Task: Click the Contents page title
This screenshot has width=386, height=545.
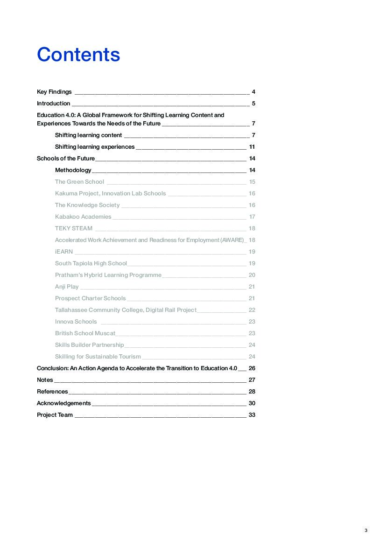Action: (78, 55)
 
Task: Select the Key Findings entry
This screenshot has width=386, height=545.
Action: (54, 92)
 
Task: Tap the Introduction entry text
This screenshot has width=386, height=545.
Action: (54, 103)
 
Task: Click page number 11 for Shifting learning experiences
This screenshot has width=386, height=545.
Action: (252, 147)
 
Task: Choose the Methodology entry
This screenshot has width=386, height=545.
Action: (73, 170)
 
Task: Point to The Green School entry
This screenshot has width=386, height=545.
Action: (79, 182)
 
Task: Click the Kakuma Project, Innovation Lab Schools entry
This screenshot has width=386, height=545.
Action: (110, 193)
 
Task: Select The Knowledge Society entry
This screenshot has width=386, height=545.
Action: (87, 205)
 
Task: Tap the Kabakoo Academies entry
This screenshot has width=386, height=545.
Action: (83, 217)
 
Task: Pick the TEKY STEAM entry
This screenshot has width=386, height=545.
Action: (74, 228)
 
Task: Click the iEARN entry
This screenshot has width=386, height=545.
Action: (64, 252)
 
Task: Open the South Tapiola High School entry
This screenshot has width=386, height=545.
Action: (91, 263)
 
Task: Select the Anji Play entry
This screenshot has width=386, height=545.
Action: (67, 287)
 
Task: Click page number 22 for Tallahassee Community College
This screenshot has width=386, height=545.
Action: (252, 310)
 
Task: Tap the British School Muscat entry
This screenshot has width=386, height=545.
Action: (85, 333)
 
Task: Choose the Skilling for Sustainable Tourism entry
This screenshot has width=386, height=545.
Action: (98, 357)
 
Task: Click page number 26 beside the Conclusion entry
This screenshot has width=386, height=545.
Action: (252, 368)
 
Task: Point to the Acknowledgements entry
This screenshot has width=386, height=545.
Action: (64, 403)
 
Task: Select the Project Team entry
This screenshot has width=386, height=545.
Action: (55, 415)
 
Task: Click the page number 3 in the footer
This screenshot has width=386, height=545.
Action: (366, 531)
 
